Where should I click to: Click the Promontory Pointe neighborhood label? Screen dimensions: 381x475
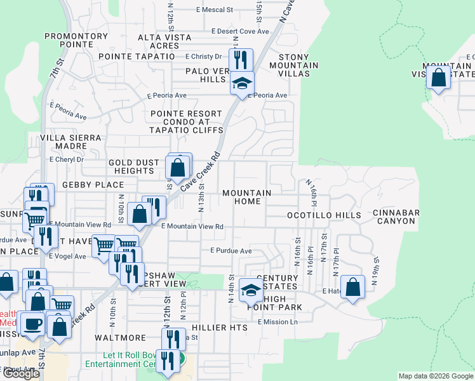coord(76,40)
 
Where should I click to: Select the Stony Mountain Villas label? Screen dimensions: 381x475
coord(293,65)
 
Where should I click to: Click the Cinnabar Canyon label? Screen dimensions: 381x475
coord(394,217)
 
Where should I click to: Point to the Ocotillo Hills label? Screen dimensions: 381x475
coord(324,215)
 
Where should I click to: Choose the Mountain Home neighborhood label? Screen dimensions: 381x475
coord(246,197)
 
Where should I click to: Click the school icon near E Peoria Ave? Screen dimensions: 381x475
coord(241,83)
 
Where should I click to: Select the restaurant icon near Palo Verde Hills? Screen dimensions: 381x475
coord(239,60)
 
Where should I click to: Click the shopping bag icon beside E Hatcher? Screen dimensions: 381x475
coord(352,286)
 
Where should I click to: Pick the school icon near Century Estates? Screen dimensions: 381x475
coord(251,290)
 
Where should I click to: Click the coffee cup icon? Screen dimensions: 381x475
coord(33,323)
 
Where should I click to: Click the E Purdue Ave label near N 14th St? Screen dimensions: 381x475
coord(231,251)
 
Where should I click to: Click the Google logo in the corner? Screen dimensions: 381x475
coord(22,373)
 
